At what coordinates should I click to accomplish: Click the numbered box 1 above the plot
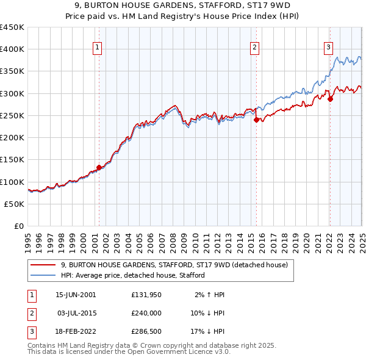point(98,48)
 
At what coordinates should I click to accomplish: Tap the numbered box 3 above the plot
point(328,48)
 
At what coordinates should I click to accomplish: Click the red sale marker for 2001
point(99,167)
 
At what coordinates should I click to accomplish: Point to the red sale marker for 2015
point(256,120)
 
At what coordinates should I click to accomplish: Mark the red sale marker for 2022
point(330,99)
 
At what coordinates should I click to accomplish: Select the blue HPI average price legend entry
point(132,275)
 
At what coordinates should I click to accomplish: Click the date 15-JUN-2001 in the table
point(76,295)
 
